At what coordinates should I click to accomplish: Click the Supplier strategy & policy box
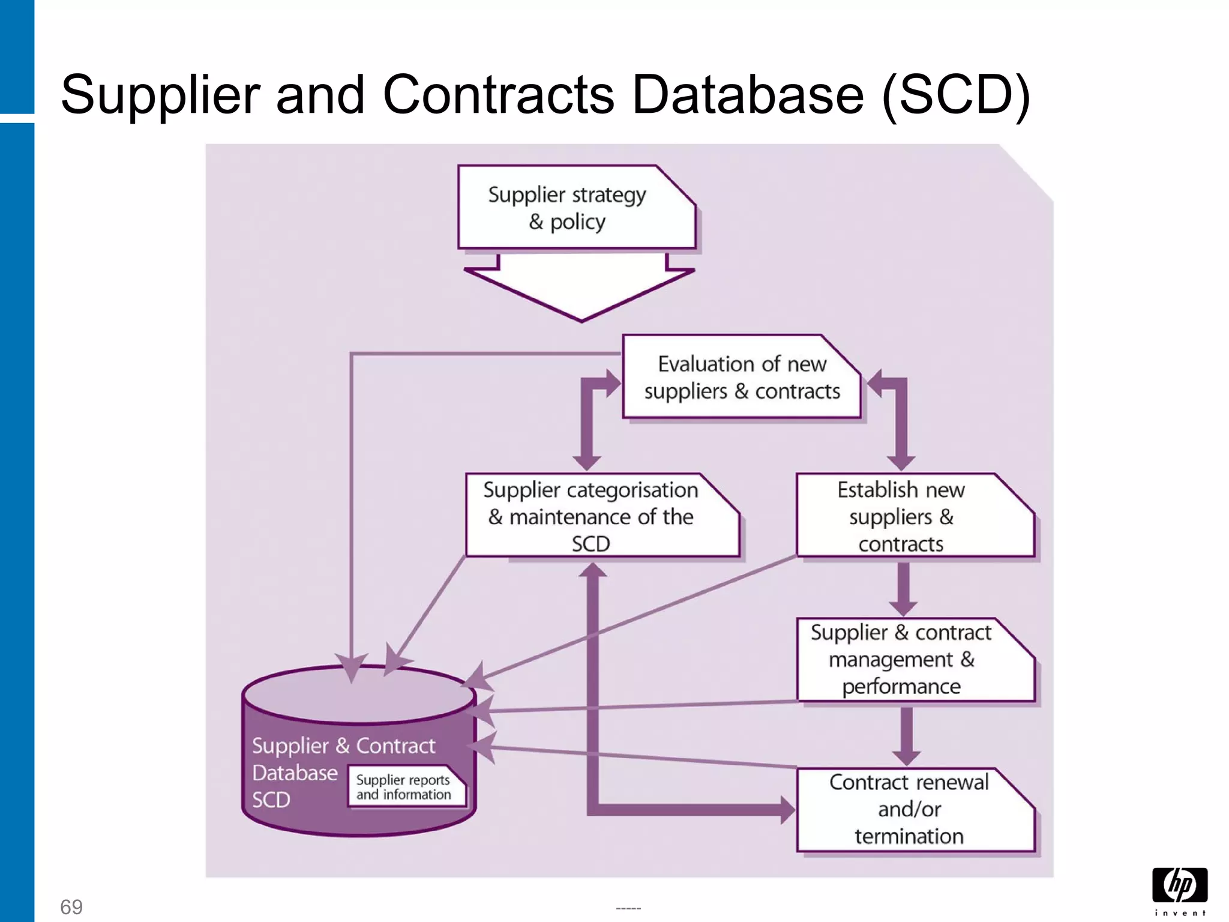click(x=576, y=208)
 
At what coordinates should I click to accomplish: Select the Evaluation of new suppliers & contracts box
click(x=742, y=377)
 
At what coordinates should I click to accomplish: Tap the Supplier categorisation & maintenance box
click(x=602, y=516)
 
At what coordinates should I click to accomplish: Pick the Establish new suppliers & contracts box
click(x=915, y=516)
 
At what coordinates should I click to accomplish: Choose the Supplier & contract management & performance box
click(x=915, y=659)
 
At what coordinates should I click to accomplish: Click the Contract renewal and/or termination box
click(x=915, y=809)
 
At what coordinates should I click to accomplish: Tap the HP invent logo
click(x=1179, y=891)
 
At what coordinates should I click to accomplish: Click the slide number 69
click(x=71, y=906)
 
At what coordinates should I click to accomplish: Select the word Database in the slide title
click(x=747, y=95)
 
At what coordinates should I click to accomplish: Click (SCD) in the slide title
click(x=955, y=95)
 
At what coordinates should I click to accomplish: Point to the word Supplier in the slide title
click(x=160, y=95)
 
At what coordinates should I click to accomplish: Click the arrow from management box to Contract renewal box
click(x=906, y=735)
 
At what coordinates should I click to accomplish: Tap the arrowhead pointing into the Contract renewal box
click(x=787, y=810)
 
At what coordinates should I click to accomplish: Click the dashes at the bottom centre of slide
click(x=628, y=908)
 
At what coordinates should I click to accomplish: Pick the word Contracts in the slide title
click(x=498, y=95)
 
